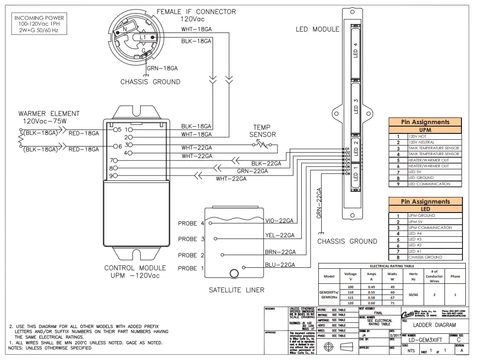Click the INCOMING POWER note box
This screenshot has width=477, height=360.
38,24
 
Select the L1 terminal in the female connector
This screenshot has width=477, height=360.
143,37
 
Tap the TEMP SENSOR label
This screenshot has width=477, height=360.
263,131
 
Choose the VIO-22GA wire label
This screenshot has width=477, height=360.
280,221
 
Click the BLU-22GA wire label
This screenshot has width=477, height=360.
280,264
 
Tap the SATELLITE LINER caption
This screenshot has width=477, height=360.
236,290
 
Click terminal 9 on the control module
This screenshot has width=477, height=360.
114,176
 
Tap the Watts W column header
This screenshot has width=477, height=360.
392,277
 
